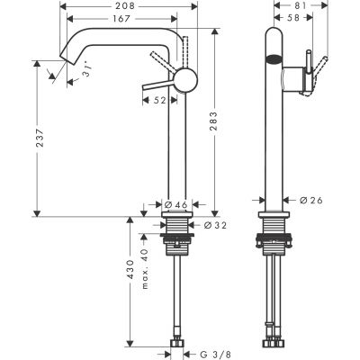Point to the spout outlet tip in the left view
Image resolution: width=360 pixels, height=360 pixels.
pos(66,59)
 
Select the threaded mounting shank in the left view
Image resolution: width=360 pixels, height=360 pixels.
pos(180,227)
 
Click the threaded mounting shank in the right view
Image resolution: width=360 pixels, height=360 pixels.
pos(274,227)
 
